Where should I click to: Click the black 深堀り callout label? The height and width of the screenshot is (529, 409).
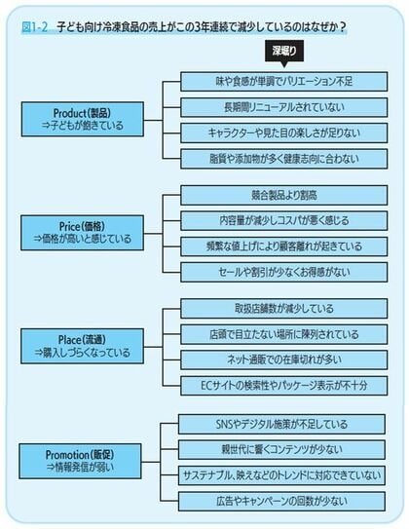[x=284, y=52]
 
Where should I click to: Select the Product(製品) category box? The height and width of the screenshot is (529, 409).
[x=82, y=120]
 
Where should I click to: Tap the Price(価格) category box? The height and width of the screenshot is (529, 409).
[x=82, y=233]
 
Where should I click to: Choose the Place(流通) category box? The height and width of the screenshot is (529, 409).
[x=82, y=346]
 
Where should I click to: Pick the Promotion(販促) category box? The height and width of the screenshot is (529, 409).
[x=80, y=461]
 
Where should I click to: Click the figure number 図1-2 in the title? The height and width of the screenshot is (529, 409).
[x=34, y=27]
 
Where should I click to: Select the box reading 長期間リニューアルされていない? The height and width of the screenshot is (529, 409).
[x=284, y=107]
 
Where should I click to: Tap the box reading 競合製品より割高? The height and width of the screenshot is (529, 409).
[x=284, y=196]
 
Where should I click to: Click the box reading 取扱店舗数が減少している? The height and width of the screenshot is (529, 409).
[x=284, y=309]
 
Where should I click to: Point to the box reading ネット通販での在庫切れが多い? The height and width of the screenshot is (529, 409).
[x=284, y=360]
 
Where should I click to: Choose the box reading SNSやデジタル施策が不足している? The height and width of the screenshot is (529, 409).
[x=281, y=424]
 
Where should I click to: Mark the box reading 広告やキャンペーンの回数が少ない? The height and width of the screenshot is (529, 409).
[x=281, y=502]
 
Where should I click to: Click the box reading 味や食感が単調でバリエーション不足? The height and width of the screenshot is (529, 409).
[x=284, y=81]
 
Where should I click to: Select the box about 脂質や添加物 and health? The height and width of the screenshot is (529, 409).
[x=284, y=159]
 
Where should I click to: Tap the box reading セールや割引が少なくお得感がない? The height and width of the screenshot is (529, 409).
[x=284, y=272]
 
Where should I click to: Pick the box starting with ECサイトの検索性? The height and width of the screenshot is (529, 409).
[x=284, y=386]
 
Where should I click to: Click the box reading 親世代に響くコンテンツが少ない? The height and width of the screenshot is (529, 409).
[x=281, y=450]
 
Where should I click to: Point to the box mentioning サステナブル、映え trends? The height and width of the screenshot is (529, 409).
[x=281, y=475]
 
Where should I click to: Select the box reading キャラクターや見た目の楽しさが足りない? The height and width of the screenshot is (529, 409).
[x=284, y=133]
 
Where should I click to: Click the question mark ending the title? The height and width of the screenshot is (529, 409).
[x=343, y=27]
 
